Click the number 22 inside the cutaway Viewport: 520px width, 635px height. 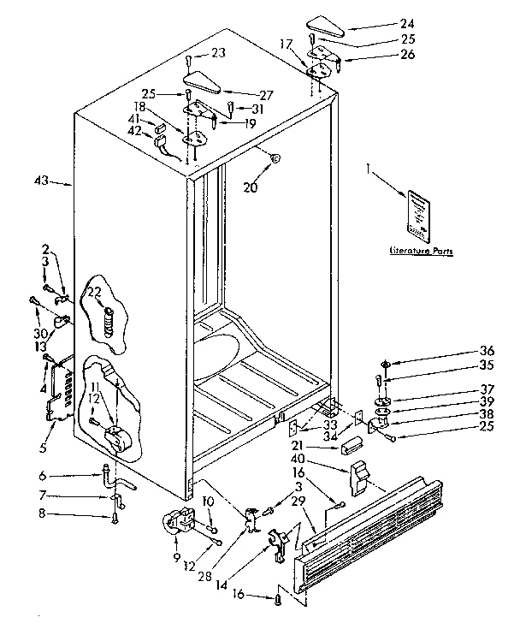pyautogui.click(x=94, y=292)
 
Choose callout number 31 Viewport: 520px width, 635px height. pyautogui.click(x=257, y=108)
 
